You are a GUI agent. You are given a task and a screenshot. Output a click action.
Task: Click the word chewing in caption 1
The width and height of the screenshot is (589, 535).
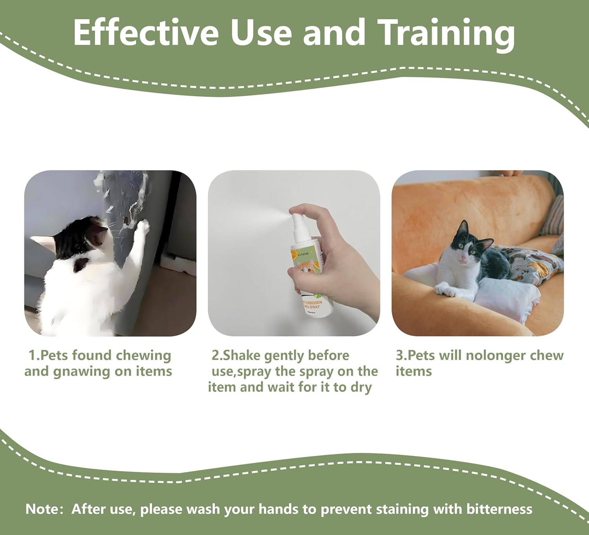144,356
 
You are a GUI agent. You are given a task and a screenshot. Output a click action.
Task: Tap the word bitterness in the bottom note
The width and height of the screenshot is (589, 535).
499,509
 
